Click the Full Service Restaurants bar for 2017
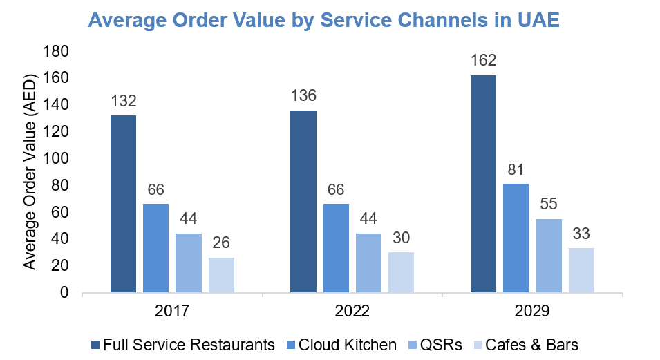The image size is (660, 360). click(x=123, y=204)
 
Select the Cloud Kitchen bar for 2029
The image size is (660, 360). click(x=516, y=238)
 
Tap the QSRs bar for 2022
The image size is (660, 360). click(x=368, y=263)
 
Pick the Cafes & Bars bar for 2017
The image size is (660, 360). click(x=221, y=275)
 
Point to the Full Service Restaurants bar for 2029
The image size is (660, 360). click(x=483, y=184)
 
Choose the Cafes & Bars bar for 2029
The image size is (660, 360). click(x=581, y=270)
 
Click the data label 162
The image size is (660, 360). click(x=483, y=61)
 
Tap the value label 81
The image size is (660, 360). click(x=516, y=169)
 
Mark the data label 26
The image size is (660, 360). click(x=221, y=243)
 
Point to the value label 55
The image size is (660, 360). click(x=549, y=205)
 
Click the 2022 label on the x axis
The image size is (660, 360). click(x=352, y=312)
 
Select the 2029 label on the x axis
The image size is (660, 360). click(x=532, y=312)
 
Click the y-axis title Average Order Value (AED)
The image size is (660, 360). click(x=29, y=173)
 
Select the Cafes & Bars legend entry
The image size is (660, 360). click(x=531, y=344)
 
